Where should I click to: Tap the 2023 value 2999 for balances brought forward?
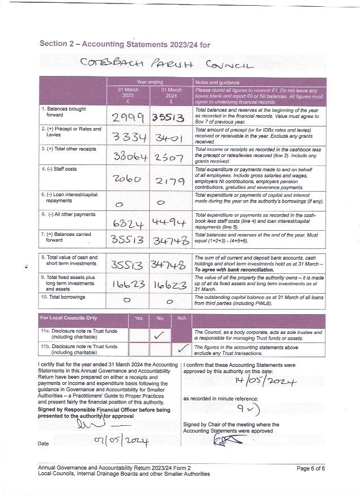128,117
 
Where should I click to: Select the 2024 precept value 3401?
171,138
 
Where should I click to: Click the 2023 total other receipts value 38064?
128,157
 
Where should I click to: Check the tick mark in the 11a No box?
160,336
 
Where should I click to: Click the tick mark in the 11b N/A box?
182,348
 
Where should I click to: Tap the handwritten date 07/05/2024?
121,441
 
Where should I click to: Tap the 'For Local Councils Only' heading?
69,318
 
